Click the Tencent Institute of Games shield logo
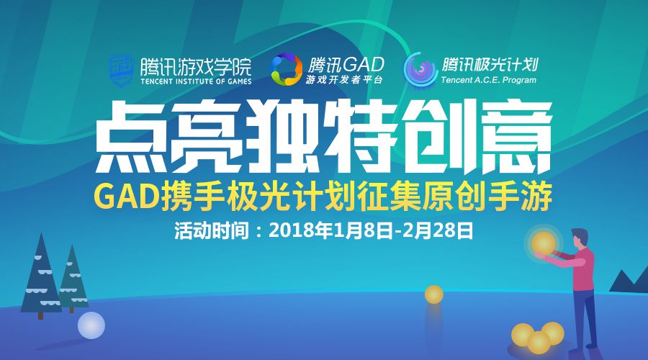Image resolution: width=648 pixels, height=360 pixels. click(x=121, y=71)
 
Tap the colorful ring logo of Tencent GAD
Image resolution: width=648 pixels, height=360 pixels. click(x=286, y=69)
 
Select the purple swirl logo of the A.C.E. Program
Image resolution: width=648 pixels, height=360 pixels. click(x=420, y=69)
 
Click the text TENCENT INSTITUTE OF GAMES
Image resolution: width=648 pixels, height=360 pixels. click(x=196, y=81)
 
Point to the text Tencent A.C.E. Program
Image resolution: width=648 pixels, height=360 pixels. click(x=488, y=80)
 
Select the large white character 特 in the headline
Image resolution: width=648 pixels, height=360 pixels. click(x=357, y=138)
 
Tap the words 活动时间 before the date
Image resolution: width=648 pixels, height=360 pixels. click(x=212, y=230)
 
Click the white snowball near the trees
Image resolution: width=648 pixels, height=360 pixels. click(x=91, y=325)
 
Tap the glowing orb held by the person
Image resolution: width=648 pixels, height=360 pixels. click(x=544, y=243)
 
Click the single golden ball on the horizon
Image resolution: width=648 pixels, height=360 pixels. click(x=434, y=294)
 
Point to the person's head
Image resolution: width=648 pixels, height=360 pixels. click(x=580, y=238)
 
